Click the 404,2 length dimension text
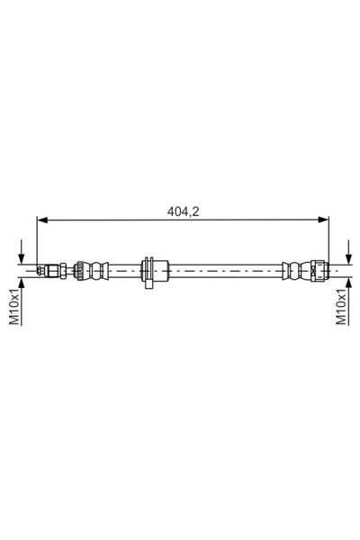click(x=184, y=212)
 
